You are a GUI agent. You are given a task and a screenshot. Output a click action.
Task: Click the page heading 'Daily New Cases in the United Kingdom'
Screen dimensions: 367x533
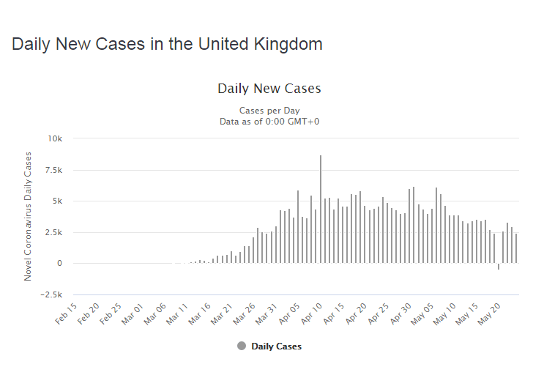pyautogui.click(x=167, y=44)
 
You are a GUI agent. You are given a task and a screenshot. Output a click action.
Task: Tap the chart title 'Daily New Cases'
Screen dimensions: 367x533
pyautogui.click(x=269, y=89)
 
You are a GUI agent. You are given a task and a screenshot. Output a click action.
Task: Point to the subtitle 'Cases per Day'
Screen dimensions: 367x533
pyautogui.click(x=269, y=111)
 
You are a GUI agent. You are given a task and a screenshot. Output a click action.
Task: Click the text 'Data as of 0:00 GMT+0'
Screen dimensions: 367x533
pyautogui.click(x=269, y=121)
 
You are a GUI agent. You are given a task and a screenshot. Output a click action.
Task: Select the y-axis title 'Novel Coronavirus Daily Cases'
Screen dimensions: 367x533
pyautogui.click(x=29, y=216)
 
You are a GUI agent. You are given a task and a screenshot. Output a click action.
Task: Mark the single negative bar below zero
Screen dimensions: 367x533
pyautogui.click(x=499, y=267)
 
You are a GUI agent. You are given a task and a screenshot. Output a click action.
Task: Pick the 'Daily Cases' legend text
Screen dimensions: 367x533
pyautogui.click(x=276, y=346)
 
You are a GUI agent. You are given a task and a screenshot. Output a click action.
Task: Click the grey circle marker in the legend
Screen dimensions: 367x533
pyautogui.click(x=242, y=346)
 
